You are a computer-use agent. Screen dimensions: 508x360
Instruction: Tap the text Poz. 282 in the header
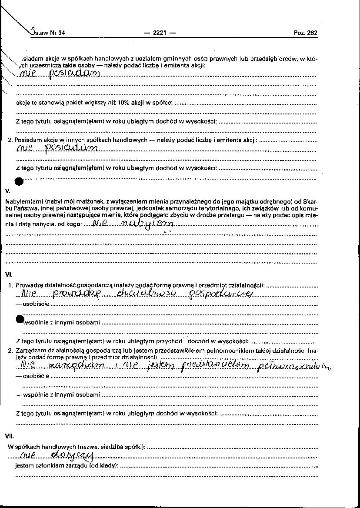pyautogui.click(x=306, y=33)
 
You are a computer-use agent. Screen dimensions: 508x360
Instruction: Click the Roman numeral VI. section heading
pyautogui.click(x=9, y=275)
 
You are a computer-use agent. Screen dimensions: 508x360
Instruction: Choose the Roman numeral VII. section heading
pyautogui.click(x=10, y=436)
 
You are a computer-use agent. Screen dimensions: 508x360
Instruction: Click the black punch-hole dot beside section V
pyautogui.click(x=19, y=181)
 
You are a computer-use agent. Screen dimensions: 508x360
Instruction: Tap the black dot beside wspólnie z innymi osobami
pyautogui.click(x=20, y=319)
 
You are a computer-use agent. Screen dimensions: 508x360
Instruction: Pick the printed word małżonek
pyautogui.click(x=92, y=202)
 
